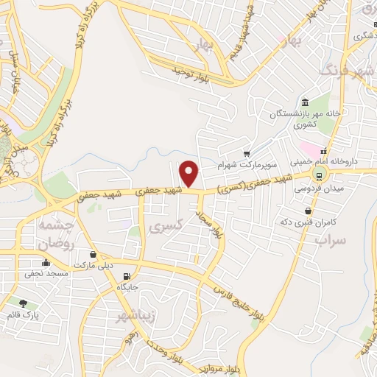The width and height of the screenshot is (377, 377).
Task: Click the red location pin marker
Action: pyautogui.click(x=189, y=174)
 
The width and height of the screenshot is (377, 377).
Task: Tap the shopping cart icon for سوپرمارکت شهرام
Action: pyautogui.click(x=248, y=152)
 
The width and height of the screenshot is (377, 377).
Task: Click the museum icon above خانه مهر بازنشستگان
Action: pyautogui.click(x=305, y=102)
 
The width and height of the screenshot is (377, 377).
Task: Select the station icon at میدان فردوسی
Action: pyautogui.click(x=319, y=175)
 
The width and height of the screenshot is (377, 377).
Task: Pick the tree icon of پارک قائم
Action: pyautogui.click(x=23, y=303)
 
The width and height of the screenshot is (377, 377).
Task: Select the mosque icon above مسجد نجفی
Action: pyautogui.click(x=46, y=263)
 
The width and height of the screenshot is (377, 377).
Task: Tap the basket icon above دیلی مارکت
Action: pyautogui.click(x=87, y=253)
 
